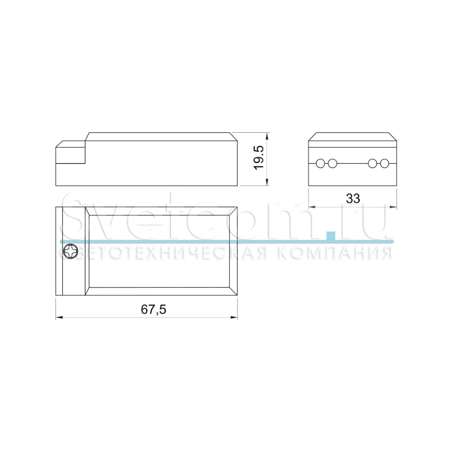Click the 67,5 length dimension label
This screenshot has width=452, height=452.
pyautogui.click(x=153, y=309)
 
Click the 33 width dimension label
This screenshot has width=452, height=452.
pyautogui.click(x=353, y=199)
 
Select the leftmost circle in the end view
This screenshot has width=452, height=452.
pyautogui.click(x=321, y=164)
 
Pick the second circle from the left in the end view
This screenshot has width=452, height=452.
pyautogui.click(x=332, y=164)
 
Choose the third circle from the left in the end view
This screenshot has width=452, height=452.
pyautogui.click(x=372, y=164)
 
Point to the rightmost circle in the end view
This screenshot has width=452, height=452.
pyautogui.click(x=384, y=164)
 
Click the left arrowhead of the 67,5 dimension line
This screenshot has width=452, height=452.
pyautogui.click(x=59, y=318)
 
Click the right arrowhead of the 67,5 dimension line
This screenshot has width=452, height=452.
pyautogui.click(x=234, y=318)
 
